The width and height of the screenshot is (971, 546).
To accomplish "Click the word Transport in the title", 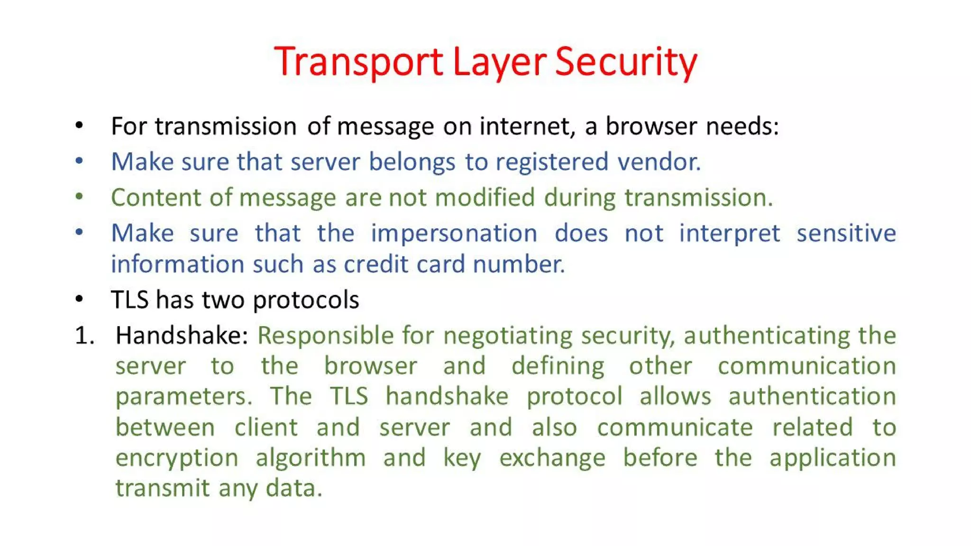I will coord(358,62).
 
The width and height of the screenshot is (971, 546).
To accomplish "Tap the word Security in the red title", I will coord(626,62).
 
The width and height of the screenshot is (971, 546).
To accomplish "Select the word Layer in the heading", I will coord(499,62).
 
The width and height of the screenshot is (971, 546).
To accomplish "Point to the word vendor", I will coord(659,162).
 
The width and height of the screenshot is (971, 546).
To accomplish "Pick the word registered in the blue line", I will coord(551,162).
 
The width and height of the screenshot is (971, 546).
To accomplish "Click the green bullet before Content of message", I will coord(79,196).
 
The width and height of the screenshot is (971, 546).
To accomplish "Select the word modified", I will coord(485,197).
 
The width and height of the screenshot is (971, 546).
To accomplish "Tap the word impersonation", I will coord(454,233).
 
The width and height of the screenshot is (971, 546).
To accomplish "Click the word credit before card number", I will coord(376,264).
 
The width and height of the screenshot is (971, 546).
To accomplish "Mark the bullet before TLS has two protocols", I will coord(79,299).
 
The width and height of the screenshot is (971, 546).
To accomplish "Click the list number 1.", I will coord(84,336).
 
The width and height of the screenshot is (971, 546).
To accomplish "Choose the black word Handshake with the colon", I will coord(182,336).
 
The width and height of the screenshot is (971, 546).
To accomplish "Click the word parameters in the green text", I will coord(183,397).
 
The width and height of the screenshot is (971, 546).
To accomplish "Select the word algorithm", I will coord(311,458).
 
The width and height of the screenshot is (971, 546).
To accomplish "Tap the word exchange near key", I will coord(552,458).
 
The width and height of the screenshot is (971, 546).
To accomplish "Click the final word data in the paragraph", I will coord(293,488).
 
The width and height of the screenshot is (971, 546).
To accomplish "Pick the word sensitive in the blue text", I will coord(846,233).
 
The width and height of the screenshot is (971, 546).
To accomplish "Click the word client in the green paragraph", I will coord(266,428).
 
